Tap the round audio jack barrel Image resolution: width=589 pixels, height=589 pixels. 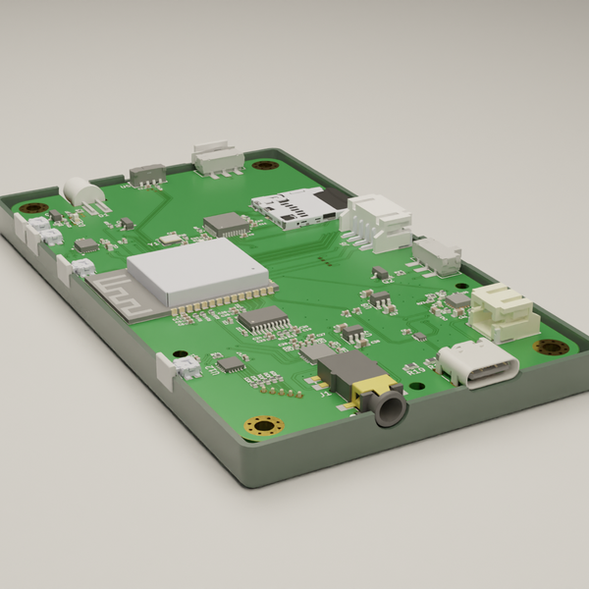coord(388,407)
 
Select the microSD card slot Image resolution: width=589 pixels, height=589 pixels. coord(293,207)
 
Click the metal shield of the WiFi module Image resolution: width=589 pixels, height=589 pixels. coord(196,268)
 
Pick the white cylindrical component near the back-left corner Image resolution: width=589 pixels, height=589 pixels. coord(80,190)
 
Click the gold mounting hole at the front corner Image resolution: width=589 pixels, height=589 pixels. coord(263,425)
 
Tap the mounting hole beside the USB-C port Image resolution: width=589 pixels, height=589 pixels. coord(551,347)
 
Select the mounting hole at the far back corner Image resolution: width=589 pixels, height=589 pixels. coord(262,164)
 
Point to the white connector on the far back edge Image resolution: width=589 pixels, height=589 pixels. coord(216,156)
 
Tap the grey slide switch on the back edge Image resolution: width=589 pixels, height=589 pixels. coord(147,175)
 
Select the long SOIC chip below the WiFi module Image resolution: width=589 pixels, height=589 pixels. coord(263,318)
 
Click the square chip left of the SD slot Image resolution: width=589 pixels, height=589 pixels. coord(227,224)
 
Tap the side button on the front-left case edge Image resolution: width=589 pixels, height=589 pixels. coord(164,371)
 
